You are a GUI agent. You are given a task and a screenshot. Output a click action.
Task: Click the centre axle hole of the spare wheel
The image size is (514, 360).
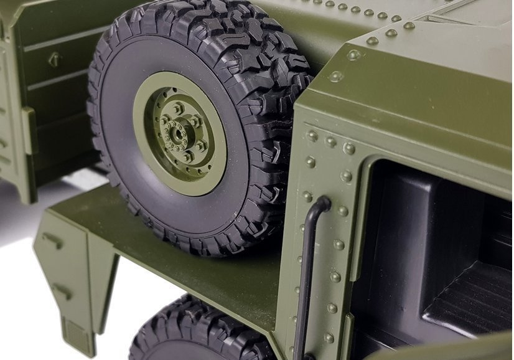(x=180, y=132)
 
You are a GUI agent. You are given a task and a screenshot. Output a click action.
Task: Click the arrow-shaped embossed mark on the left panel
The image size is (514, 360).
(x=55, y=59)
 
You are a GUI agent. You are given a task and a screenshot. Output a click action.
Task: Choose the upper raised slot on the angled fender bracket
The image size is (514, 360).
(x=52, y=240)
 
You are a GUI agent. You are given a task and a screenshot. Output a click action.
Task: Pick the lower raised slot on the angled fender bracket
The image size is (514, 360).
(x=62, y=290)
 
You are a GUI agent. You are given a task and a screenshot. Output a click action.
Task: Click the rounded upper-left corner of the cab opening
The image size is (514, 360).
(x=374, y=165)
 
